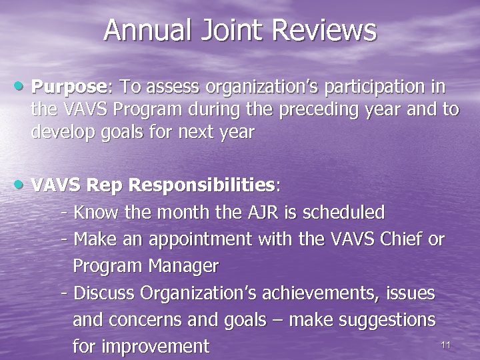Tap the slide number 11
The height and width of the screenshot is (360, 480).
[x=447, y=344]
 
